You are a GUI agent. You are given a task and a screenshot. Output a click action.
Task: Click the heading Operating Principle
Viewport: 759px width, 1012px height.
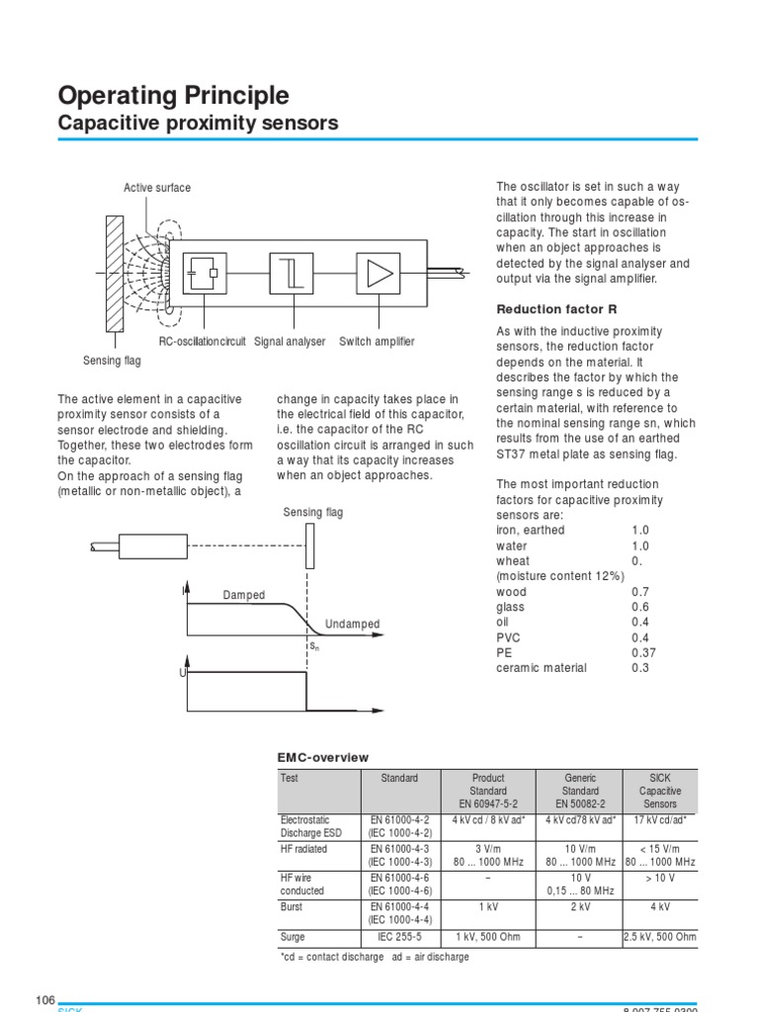tap(174, 96)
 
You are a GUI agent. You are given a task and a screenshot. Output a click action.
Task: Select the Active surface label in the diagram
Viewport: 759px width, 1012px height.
tap(157, 188)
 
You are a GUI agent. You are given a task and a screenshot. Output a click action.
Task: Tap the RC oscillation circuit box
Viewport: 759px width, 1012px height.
tap(205, 274)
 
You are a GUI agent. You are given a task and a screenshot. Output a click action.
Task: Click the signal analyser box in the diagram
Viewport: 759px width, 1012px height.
tap(292, 274)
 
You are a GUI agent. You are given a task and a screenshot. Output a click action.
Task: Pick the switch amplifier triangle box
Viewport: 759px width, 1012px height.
tap(378, 274)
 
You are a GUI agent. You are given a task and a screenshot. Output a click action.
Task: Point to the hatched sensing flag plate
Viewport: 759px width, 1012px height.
tap(115, 274)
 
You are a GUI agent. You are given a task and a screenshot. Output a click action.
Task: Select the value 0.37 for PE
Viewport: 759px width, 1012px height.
tap(643, 652)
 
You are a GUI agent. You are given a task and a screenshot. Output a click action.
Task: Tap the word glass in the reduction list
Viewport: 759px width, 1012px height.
tap(510, 607)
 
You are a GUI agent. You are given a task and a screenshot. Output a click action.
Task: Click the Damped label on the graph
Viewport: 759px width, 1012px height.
tap(244, 595)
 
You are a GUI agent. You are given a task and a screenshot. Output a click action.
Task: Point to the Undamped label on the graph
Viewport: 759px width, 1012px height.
tap(352, 625)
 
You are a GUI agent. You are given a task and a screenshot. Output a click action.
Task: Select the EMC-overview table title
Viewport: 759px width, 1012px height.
tap(323, 758)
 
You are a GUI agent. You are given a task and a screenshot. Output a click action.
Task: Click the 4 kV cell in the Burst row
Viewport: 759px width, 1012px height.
tap(660, 906)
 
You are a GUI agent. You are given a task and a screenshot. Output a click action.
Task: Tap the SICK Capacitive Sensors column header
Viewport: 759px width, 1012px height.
tap(660, 791)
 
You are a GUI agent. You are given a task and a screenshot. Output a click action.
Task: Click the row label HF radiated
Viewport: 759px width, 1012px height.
tap(305, 848)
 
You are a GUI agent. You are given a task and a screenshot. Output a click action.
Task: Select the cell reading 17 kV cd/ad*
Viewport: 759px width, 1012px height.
tap(660, 819)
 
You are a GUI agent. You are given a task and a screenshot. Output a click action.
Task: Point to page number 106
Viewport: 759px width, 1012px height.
tap(45, 999)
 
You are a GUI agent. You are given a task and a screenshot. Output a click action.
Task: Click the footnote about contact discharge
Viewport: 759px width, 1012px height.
tap(375, 958)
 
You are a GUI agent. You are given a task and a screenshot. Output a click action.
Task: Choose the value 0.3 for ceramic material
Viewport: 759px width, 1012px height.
tap(640, 668)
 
